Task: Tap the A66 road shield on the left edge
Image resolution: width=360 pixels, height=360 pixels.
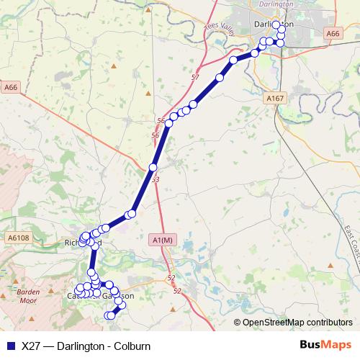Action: click(x=10, y=87)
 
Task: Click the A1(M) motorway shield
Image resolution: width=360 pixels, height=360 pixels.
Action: click(x=163, y=240)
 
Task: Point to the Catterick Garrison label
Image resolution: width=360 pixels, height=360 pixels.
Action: click(x=101, y=295)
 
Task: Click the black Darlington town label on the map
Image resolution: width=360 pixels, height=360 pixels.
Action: click(x=274, y=24)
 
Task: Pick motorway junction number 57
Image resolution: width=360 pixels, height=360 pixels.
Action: click(x=195, y=76)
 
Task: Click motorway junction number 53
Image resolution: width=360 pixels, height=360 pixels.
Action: click(x=156, y=179)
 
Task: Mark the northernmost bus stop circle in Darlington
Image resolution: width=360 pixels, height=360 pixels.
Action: click(x=276, y=25)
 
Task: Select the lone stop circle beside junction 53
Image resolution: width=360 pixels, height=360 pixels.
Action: click(x=152, y=167)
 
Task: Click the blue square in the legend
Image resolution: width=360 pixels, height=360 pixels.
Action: click(x=10, y=346)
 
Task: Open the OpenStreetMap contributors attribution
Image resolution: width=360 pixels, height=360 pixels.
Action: click(x=297, y=323)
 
